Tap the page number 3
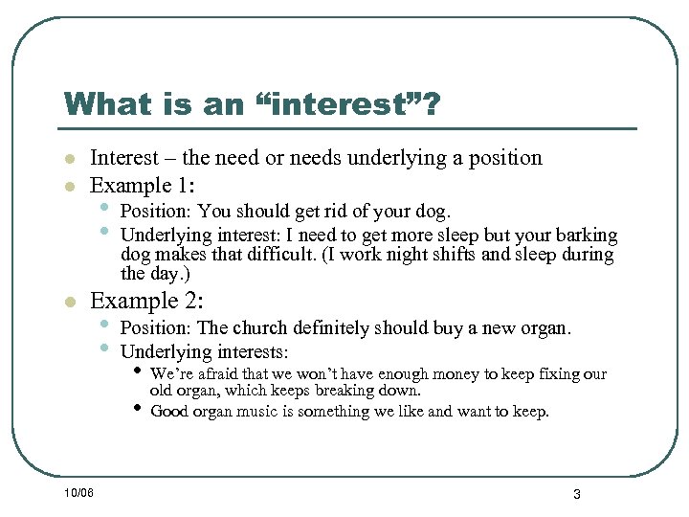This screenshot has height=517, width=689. click(x=577, y=494)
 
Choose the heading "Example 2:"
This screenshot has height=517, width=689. click(x=145, y=301)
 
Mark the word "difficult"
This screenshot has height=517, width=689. click(x=278, y=255)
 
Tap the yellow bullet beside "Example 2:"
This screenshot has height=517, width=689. click(x=69, y=303)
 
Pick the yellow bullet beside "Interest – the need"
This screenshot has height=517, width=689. click(x=69, y=159)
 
